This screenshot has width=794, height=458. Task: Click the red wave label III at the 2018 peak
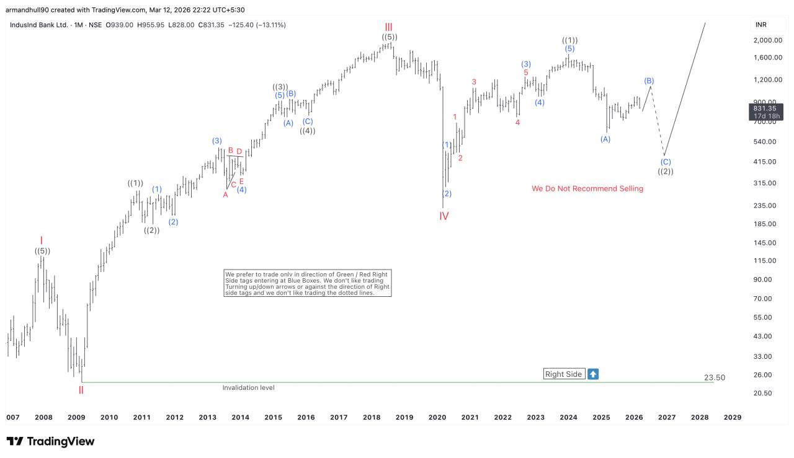click(x=388, y=27)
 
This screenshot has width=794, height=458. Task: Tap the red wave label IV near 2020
click(x=444, y=216)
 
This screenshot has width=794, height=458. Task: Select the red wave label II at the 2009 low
click(x=81, y=390)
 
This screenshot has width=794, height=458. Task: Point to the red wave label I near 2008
click(x=41, y=240)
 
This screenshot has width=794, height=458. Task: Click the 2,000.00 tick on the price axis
click(x=767, y=40)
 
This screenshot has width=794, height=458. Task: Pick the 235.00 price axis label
click(x=765, y=206)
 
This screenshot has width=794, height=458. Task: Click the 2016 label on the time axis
click(x=306, y=417)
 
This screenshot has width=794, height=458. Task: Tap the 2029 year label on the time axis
click(x=733, y=417)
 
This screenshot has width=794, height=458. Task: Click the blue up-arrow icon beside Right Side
click(x=593, y=374)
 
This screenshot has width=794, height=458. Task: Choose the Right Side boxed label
click(x=564, y=374)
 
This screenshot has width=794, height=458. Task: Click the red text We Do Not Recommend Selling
click(x=587, y=188)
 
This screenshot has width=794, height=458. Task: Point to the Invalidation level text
click(x=248, y=387)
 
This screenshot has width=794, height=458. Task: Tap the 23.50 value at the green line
click(x=715, y=377)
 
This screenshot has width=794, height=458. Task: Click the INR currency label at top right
click(x=761, y=25)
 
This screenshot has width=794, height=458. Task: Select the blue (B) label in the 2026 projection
click(x=649, y=81)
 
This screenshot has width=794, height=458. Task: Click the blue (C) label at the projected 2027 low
click(x=666, y=162)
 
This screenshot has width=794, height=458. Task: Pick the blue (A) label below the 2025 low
click(x=605, y=139)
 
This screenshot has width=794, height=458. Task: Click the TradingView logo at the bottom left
click(x=51, y=441)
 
